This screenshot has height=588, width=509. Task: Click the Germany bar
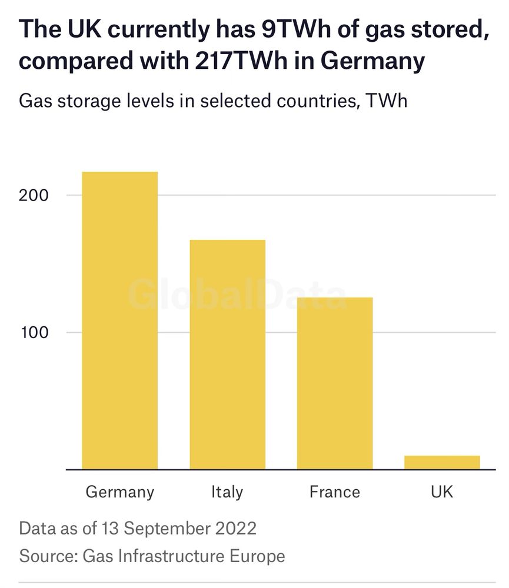point(119,320)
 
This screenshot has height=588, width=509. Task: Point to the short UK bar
point(442,462)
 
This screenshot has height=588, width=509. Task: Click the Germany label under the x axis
point(119,492)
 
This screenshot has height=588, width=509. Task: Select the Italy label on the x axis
point(227,492)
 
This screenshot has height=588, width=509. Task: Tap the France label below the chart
point(335,492)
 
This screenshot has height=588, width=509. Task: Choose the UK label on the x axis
point(442,492)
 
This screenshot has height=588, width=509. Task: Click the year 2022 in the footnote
point(235,527)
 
